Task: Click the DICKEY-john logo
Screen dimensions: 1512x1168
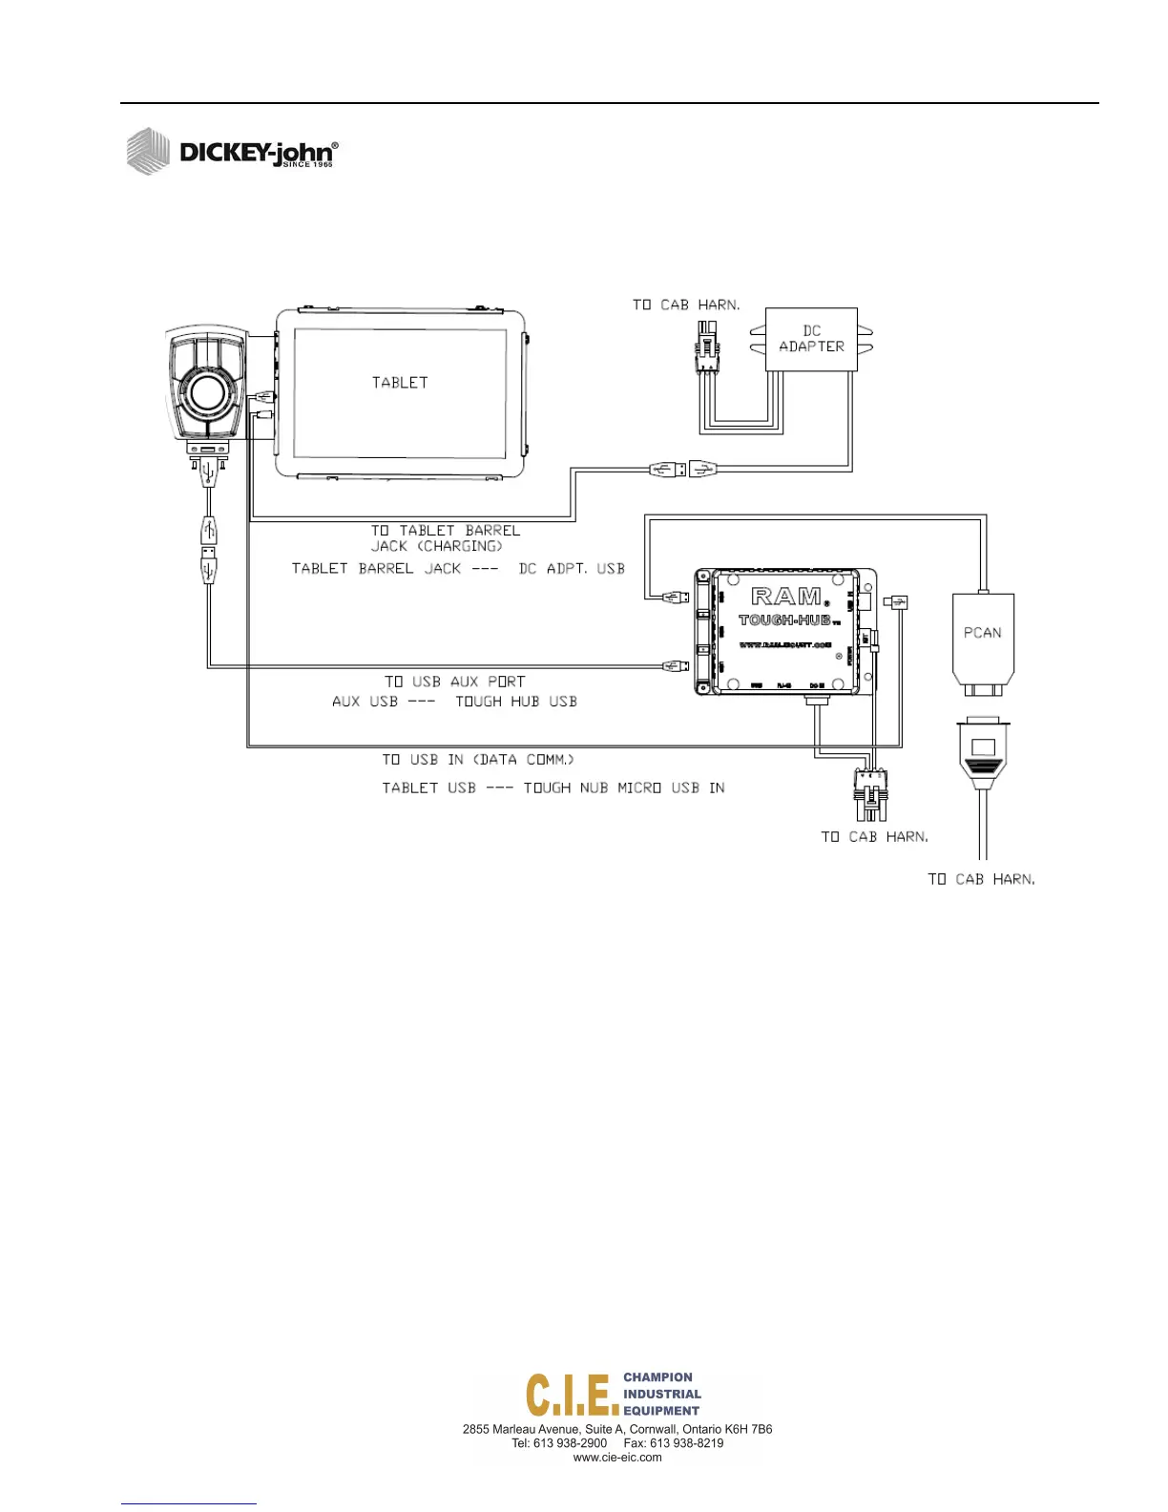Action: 233,152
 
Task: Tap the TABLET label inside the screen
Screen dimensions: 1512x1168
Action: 400,383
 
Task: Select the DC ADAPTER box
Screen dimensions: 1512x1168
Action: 811,339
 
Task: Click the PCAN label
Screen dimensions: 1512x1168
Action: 982,633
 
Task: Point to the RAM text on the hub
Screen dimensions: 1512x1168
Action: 786,597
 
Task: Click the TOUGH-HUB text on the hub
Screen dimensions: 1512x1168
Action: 784,620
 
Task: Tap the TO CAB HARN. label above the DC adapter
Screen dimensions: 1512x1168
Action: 685,304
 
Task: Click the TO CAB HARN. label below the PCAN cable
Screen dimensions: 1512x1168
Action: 981,879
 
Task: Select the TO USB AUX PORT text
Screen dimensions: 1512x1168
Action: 454,682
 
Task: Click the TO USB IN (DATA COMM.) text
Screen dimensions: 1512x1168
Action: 478,760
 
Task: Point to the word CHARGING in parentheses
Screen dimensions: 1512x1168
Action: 462,546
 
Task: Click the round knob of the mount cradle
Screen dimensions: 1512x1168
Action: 207,391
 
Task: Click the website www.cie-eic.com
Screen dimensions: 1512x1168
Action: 617,1458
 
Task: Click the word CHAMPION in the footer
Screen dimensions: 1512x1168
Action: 657,1377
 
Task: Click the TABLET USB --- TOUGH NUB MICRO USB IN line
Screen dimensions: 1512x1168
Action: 553,788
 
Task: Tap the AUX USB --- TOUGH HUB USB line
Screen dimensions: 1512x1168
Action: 454,702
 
